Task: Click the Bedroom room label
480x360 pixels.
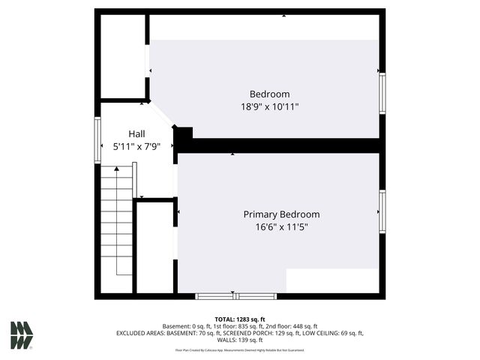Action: click(x=269, y=94)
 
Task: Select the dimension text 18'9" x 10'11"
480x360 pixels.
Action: click(x=269, y=106)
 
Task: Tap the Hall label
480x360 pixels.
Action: click(x=136, y=133)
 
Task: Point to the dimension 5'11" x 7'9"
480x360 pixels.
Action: click(x=136, y=146)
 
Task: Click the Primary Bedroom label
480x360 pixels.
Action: click(x=281, y=214)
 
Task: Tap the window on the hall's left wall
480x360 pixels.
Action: click(x=97, y=140)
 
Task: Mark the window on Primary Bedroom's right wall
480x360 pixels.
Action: click(x=382, y=211)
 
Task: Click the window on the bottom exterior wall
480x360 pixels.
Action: click(x=235, y=296)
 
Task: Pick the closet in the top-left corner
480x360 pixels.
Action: click(x=123, y=56)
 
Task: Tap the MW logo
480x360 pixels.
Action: click(x=21, y=335)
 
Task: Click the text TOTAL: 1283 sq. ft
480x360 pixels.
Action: click(x=240, y=319)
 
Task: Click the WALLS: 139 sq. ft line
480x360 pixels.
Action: click(x=240, y=340)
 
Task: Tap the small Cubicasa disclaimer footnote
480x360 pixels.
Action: click(x=240, y=349)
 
